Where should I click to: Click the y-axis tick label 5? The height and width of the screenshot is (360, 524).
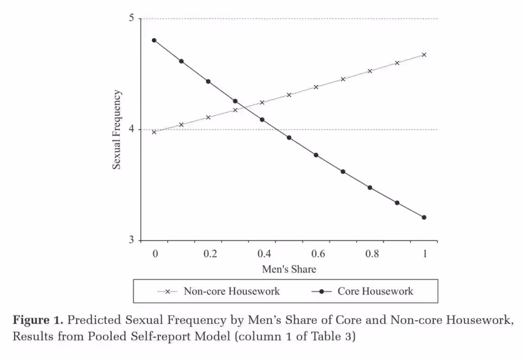[132, 18]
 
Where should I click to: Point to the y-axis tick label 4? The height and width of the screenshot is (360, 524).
[132, 129]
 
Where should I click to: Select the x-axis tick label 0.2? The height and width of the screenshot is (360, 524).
[210, 253]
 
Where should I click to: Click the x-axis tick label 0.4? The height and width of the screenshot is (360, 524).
[264, 253]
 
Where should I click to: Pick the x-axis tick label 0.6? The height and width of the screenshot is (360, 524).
[318, 253]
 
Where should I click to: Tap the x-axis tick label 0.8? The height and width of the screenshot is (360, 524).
[373, 253]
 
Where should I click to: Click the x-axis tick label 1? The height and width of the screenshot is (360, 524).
[425, 253]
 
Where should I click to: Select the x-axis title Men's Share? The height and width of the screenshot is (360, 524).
[289, 269]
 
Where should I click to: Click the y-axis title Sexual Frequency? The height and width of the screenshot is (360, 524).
[118, 130]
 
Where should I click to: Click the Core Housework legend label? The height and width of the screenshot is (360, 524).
[375, 291]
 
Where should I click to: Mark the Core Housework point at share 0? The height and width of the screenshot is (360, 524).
[154, 40]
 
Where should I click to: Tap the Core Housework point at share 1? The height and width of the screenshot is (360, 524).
[424, 217]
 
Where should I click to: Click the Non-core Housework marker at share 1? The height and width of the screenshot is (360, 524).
[424, 55]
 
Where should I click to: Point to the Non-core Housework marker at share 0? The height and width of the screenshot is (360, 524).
[154, 132]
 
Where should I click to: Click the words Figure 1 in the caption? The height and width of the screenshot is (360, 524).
[38, 321]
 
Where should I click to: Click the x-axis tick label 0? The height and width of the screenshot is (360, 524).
[155, 253]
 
